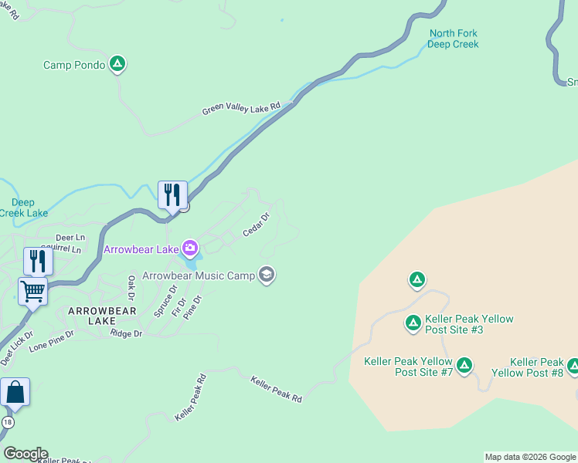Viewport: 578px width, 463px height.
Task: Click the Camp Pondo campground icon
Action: [x=117, y=64]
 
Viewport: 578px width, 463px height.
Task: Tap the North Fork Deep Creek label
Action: [x=454, y=39]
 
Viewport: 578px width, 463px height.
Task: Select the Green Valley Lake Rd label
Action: [x=240, y=110]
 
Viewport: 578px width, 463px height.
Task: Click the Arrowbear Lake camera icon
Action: [x=189, y=248]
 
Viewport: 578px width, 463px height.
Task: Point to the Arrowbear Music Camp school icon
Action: [x=267, y=275]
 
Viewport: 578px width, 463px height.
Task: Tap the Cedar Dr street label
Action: [x=256, y=225]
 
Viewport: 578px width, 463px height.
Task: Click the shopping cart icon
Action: [x=32, y=292]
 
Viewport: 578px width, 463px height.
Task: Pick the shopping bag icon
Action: [x=15, y=392]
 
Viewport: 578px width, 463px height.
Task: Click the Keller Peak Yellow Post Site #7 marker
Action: [x=464, y=365]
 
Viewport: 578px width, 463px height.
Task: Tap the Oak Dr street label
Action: [x=131, y=287]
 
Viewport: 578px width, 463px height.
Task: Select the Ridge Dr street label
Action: [x=127, y=333]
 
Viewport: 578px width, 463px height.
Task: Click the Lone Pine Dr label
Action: [x=51, y=342]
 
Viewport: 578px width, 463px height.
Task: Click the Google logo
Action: [x=25, y=454]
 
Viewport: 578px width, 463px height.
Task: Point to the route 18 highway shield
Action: [x=7, y=422]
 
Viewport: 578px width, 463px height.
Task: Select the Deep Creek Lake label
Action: [x=23, y=208]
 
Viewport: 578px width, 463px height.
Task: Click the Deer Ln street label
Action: [x=70, y=238]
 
